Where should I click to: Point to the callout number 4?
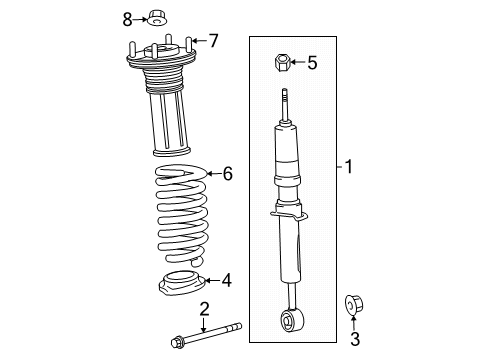click(x=226, y=280)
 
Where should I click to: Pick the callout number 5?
click(x=311, y=63)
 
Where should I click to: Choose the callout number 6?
click(x=227, y=174)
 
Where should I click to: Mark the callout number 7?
click(x=211, y=41)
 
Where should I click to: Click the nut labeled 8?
click(x=157, y=17)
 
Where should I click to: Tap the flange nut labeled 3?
click(x=355, y=304)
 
